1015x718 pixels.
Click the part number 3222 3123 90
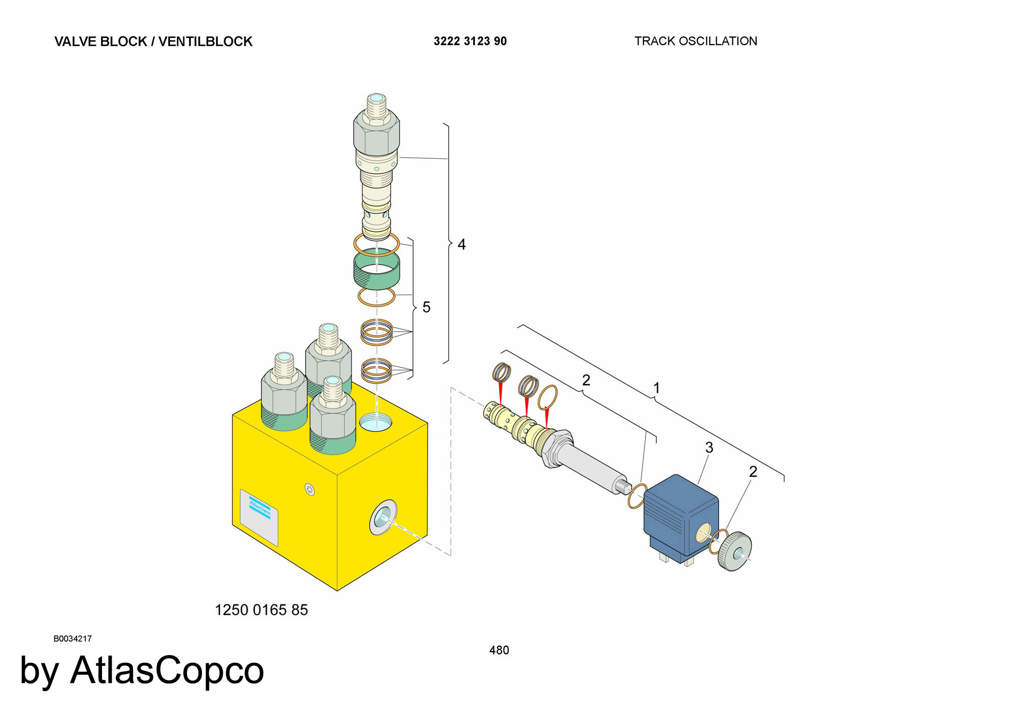(470, 41)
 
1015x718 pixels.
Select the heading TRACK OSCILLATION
(696, 41)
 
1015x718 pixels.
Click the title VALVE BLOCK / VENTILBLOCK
(153, 42)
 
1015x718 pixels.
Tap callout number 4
(461, 245)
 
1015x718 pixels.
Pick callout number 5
(426, 307)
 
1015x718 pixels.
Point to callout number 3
(709, 448)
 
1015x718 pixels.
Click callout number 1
(657, 388)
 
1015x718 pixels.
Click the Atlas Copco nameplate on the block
(259, 518)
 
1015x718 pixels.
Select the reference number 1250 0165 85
(261, 610)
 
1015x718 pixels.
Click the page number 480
(499, 650)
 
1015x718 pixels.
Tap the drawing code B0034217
(73, 639)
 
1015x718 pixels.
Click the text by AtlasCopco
(142, 671)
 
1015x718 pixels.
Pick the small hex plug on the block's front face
(310, 490)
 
